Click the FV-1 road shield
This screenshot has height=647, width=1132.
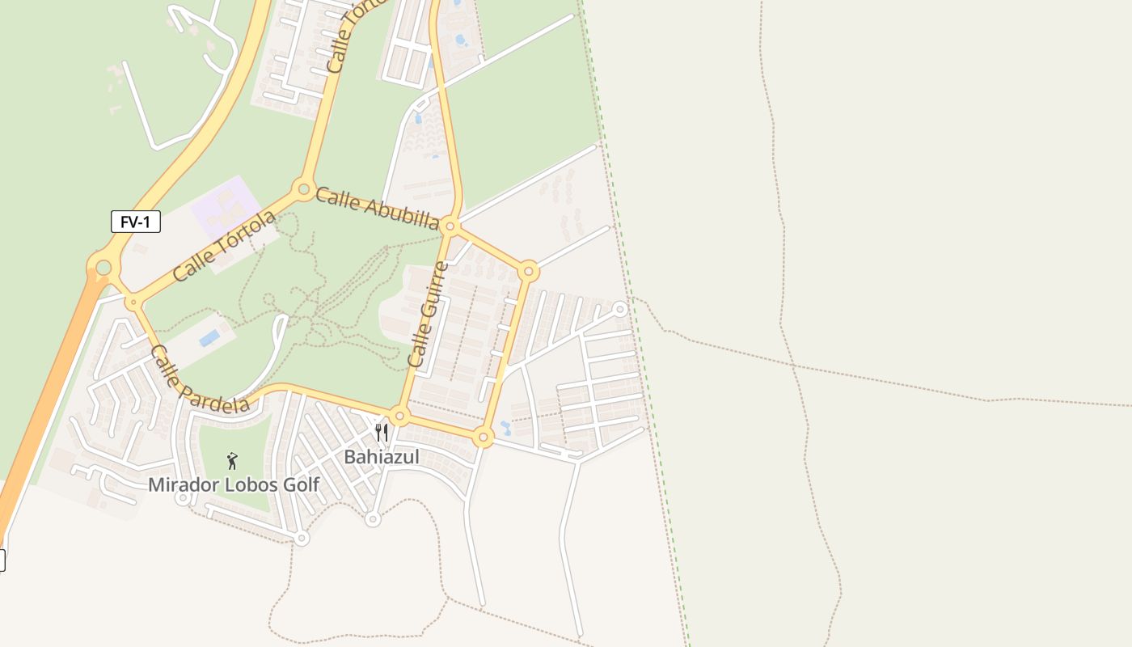(135, 222)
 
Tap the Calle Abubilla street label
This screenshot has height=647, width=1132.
(378, 209)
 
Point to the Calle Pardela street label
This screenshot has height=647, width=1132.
(200, 380)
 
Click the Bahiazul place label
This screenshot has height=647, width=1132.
(382, 457)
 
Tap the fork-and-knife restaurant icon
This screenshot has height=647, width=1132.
(382, 433)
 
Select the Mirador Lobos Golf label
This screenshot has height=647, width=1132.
(234, 485)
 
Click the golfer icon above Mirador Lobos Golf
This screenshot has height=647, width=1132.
(233, 461)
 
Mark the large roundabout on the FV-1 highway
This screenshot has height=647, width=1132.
(103, 267)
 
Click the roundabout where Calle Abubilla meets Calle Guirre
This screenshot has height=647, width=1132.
(451, 226)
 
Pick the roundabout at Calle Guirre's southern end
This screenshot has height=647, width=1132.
(399, 417)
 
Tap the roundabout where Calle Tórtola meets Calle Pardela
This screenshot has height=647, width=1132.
(133, 302)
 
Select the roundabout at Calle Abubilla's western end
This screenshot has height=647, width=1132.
(304, 189)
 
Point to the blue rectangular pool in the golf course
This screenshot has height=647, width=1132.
(209, 338)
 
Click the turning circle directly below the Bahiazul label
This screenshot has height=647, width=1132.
(373, 518)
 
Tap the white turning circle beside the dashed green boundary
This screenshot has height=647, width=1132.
(620, 309)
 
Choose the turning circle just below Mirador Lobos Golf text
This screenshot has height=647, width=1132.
(184, 497)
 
